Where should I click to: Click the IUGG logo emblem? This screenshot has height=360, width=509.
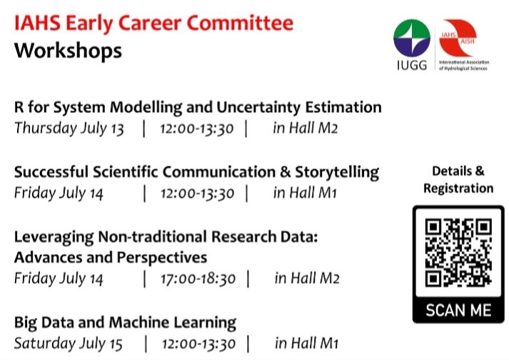pos(412,39)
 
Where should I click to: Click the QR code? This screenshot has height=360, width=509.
pos(458,254)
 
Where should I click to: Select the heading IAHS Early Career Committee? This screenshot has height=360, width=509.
pos(153,24)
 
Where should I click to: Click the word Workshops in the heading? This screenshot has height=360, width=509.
pos(68,52)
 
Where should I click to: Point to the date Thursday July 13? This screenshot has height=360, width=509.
pos(69,129)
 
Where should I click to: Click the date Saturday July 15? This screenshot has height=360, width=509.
pos(69,344)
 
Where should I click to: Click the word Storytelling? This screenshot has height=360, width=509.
pos(337,172)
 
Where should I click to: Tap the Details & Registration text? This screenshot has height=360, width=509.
pos(458,180)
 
